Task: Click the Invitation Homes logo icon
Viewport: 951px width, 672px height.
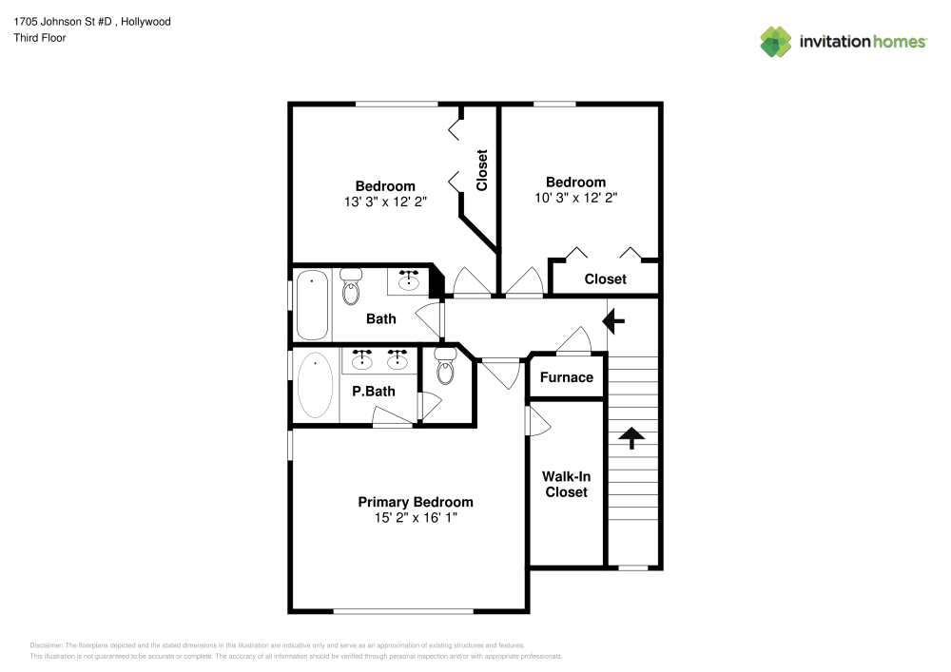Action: (x=775, y=41)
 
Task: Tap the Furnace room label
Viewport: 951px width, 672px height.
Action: (x=567, y=377)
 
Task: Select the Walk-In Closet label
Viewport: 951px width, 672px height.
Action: (x=566, y=484)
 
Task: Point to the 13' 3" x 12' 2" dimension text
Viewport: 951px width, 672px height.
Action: (x=385, y=202)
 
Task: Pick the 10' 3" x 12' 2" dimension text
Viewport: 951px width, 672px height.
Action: (x=575, y=198)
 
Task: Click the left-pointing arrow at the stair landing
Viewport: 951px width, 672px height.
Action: (x=614, y=322)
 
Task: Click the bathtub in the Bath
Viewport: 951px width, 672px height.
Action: (x=312, y=305)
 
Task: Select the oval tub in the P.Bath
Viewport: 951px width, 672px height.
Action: (x=315, y=387)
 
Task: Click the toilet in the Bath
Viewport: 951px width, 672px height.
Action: (x=351, y=284)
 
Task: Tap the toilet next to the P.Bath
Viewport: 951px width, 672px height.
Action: (x=445, y=366)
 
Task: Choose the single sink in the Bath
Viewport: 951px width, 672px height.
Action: (x=410, y=279)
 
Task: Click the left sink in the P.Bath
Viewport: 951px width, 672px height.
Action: (x=362, y=360)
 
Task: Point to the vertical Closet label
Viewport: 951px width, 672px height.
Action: (x=482, y=170)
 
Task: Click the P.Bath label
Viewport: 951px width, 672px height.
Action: (x=373, y=391)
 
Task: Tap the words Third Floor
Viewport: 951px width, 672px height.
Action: (x=40, y=38)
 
